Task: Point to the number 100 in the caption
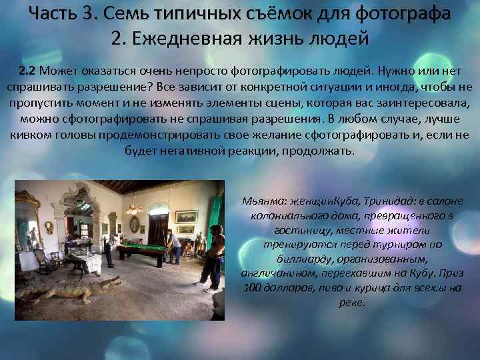[253, 288]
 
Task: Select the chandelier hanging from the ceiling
[133, 206]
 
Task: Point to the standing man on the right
[213, 257]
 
